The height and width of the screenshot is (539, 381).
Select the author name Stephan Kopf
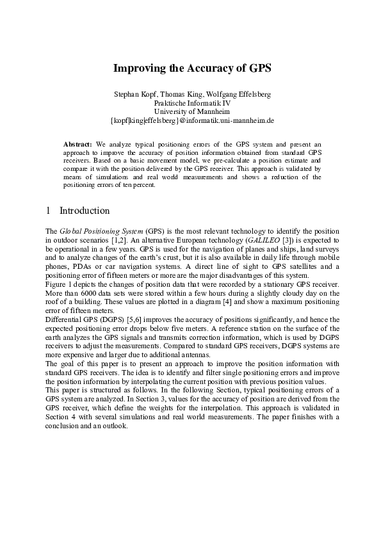pos(133,94)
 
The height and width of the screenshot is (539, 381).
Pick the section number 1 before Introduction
pos(49,211)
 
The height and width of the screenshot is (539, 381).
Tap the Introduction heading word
pos(85,211)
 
